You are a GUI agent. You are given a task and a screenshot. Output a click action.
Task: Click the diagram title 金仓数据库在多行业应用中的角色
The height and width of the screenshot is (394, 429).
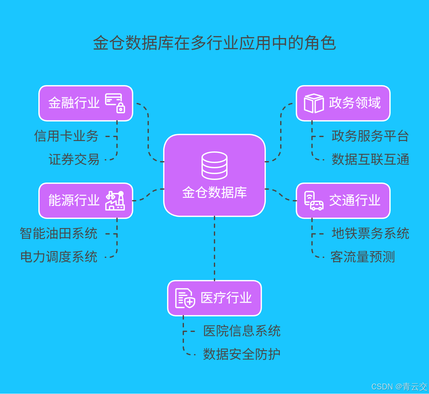[214, 43]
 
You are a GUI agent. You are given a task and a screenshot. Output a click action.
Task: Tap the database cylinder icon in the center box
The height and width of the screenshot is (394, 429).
[214, 165]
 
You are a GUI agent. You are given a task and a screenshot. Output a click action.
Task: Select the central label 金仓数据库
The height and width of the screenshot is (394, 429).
[214, 193]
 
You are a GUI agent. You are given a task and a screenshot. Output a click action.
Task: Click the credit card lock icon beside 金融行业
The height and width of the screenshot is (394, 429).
[115, 103]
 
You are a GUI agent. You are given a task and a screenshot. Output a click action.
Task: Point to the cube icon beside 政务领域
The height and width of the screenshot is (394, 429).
[314, 103]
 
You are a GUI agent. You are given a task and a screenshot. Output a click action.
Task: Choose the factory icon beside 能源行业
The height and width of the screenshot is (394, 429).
[115, 200]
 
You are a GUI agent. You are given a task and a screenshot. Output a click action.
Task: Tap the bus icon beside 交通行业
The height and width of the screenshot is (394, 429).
[314, 201]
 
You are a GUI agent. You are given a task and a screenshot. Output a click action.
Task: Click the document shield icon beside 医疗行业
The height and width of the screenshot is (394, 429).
[185, 298]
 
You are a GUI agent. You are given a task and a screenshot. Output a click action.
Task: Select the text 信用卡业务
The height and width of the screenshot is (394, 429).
[66, 136]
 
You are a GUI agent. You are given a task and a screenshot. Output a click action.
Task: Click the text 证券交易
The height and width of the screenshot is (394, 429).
[74, 159]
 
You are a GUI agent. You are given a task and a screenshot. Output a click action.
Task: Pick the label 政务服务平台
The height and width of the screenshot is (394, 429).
[370, 136]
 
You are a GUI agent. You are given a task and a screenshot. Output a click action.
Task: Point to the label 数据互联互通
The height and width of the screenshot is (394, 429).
[370, 159]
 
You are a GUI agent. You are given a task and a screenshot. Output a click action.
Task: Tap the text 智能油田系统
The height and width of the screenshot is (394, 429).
[58, 234]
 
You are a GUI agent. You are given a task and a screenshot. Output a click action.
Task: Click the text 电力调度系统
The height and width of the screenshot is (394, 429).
[58, 257]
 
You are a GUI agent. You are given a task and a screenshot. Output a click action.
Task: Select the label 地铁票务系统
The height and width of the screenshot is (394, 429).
[370, 234]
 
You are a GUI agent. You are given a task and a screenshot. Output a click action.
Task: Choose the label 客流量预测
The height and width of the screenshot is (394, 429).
[363, 257]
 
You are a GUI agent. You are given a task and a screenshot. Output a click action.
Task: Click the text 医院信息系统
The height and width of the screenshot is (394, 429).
[242, 331]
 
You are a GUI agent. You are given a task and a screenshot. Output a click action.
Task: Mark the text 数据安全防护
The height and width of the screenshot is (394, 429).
[242, 354]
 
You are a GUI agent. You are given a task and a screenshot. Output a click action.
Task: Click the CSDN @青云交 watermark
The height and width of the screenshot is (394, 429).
[399, 387]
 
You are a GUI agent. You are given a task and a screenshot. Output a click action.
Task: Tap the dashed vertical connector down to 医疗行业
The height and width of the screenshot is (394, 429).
[214, 248]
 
